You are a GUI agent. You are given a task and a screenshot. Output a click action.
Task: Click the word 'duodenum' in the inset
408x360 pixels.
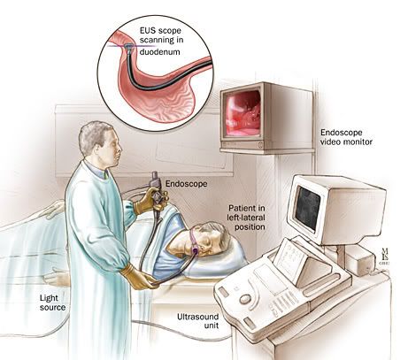[159, 52]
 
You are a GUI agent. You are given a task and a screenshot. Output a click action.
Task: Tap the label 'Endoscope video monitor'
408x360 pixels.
[346, 137]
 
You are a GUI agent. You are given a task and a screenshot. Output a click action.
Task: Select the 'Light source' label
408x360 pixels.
[52, 303]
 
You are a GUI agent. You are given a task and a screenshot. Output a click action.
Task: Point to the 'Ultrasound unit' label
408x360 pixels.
[197, 321]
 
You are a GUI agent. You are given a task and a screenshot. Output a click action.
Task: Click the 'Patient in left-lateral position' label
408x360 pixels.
[246, 218]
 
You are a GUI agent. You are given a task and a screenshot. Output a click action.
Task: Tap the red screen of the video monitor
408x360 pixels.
[242, 114]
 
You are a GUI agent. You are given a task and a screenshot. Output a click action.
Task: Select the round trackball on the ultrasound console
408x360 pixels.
[245, 300]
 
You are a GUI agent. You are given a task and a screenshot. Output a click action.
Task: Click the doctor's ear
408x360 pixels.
[104, 148]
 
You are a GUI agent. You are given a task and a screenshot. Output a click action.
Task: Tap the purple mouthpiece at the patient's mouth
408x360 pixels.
[195, 251]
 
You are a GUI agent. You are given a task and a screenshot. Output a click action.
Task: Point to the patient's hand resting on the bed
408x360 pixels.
[56, 277]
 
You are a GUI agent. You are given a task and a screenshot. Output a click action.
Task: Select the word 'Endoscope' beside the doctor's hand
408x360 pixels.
[187, 184]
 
